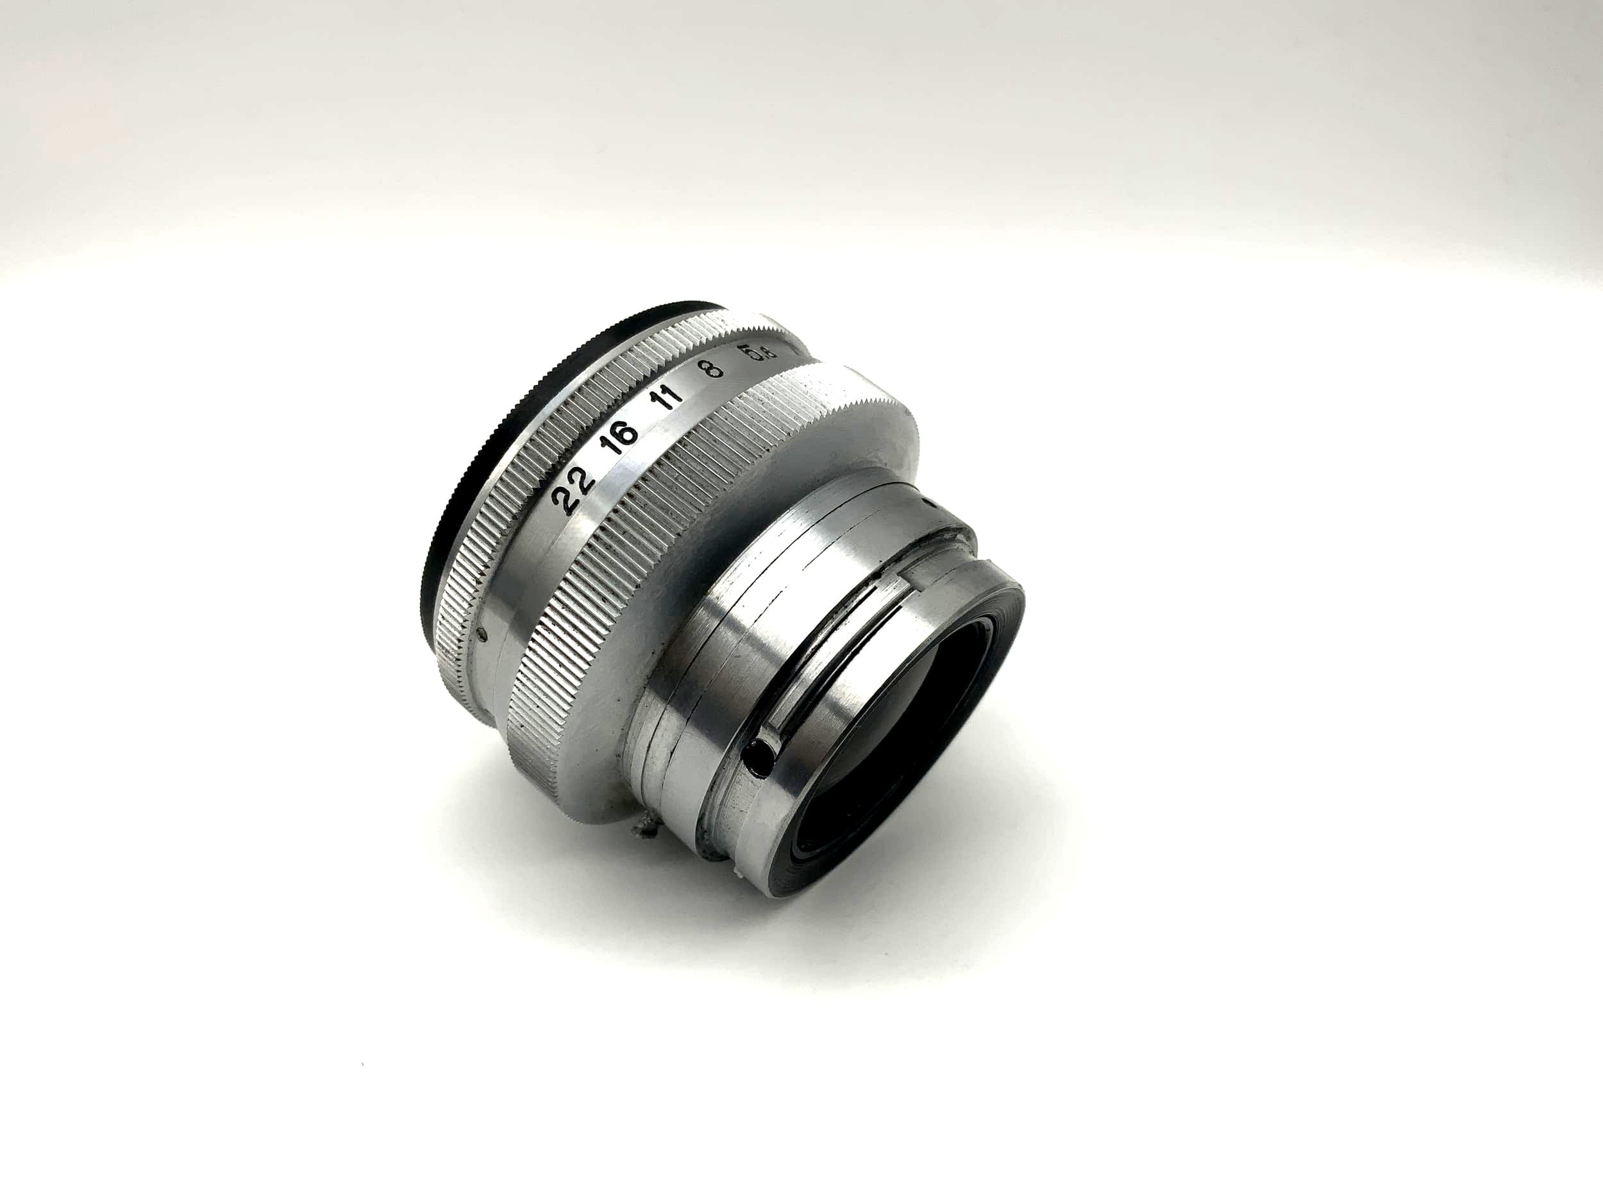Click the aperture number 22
(573, 491)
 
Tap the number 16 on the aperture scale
(622, 433)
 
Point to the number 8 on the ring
(714, 368)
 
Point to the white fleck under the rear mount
(738, 875)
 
